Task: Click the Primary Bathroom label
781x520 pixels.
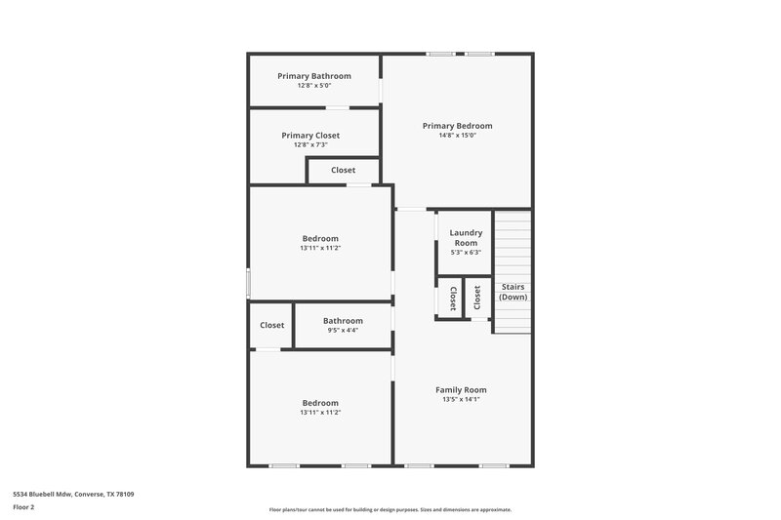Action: [x=313, y=76]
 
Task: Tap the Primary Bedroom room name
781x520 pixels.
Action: [x=457, y=126]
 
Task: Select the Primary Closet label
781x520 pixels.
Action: [x=310, y=136]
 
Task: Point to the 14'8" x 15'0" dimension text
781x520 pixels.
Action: [x=457, y=137]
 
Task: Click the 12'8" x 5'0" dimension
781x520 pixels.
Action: [x=313, y=86]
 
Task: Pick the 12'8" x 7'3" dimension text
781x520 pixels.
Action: [x=310, y=145]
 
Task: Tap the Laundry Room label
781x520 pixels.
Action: [x=466, y=237]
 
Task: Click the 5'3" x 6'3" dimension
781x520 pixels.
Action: [x=466, y=253]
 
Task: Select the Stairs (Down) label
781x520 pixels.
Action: [x=513, y=291]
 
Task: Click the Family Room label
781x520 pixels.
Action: [x=461, y=389]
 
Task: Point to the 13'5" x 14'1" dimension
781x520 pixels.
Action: [x=461, y=399]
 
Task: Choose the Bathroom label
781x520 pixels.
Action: [x=343, y=321]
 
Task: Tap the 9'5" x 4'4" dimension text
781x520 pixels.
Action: [x=343, y=331]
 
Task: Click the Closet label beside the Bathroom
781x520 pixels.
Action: [x=272, y=325]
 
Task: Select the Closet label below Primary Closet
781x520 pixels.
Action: [x=343, y=170]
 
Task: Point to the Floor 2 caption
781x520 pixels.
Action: [x=23, y=507]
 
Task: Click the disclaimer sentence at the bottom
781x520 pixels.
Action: [x=390, y=509]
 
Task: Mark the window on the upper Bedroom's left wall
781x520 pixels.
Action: [x=248, y=283]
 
